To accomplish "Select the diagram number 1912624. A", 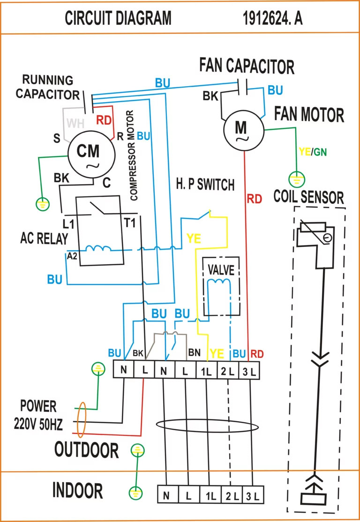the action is click(273, 19).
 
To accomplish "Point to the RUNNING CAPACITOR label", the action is click(48, 87).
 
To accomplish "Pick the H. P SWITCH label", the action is click(205, 184).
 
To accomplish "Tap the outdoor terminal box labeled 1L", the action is click(207, 370).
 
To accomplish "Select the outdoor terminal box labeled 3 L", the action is click(249, 370).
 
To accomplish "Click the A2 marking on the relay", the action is click(72, 255).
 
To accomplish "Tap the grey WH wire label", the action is click(75, 124).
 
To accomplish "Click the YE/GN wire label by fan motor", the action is click(313, 152).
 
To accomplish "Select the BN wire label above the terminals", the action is click(195, 352).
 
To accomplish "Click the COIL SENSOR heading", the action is click(308, 197).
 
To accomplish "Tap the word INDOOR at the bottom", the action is click(77, 491).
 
